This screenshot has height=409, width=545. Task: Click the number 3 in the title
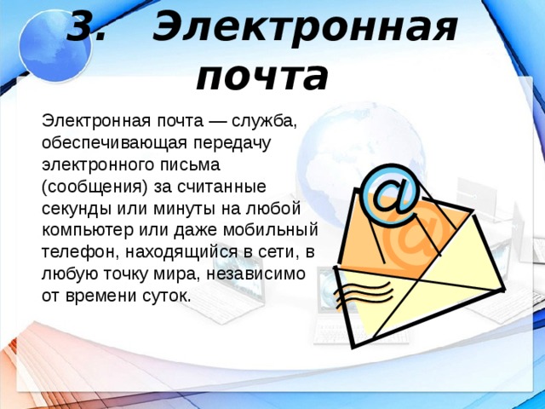click(84, 29)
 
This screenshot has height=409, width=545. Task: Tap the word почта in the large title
click(261, 76)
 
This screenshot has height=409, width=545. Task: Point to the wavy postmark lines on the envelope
click(351, 294)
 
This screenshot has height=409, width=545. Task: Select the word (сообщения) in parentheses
click(94, 186)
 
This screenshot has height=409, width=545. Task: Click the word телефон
click(74, 252)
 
